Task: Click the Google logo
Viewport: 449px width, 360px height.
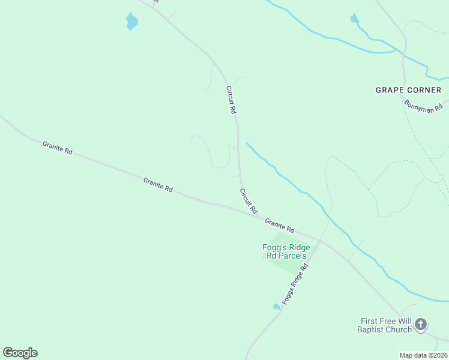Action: point(20,353)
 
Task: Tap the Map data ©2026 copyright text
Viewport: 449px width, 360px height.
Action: point(424,355)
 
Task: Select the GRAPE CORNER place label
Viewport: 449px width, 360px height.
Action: point(408,90)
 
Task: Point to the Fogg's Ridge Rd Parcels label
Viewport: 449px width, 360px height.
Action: point(286,251)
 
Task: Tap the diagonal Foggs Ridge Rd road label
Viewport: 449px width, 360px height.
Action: point(295,284)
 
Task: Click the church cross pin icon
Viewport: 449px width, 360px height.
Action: point(421,325)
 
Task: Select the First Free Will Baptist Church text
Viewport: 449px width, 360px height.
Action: point(385,325)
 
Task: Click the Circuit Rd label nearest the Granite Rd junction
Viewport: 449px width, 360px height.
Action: point(248,201)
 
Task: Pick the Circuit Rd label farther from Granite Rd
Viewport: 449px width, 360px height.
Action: point(231,100)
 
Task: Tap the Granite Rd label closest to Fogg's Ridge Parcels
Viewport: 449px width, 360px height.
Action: point(280,225)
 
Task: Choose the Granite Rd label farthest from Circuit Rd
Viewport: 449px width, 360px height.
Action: point(58,148)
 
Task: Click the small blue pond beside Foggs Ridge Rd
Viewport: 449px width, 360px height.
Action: point(277,307)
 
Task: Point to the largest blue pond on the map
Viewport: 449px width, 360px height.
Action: point(131,22)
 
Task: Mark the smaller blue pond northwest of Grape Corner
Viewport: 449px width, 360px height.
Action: point(354,19)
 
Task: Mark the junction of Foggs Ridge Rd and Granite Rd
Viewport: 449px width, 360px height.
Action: point(319,241)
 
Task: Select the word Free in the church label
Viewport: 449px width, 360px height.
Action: point(393,320)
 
